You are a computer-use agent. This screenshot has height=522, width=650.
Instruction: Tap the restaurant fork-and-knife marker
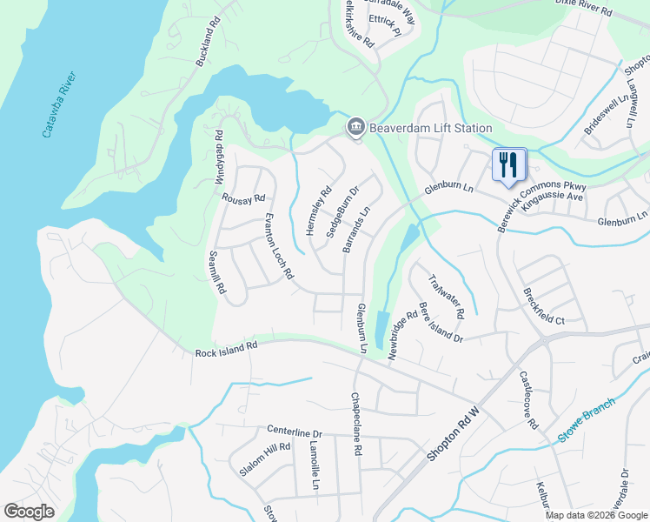(x=509, y=165)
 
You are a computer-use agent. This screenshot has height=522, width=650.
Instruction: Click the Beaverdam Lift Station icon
(x=355, y=128)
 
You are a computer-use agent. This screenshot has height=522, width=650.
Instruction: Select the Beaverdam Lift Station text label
(x=431, y=128)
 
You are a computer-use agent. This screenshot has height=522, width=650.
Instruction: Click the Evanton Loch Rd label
(x=279, y=247)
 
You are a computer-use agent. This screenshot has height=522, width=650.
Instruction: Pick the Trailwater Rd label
(x=448, y=296)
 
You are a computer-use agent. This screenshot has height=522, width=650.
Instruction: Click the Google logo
(x=29, y=512)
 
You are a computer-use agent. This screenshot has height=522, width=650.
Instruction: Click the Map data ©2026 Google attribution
(x=596, y=515)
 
